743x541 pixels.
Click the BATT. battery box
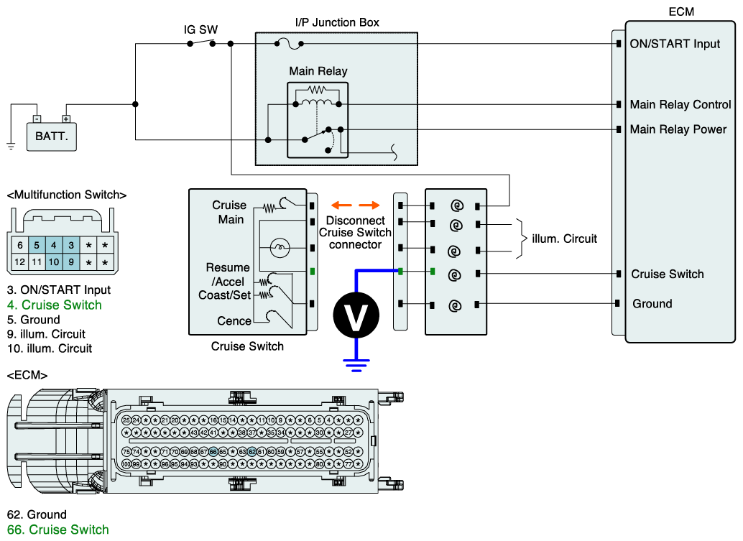(x=52, y=135)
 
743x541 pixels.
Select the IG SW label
(x=200, y=30)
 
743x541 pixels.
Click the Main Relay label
(x=318, y=71)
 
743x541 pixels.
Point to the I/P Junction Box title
(x=337, y=22)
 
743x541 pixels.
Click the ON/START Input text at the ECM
(x=675, y=44)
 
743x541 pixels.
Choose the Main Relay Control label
(x=680, y=104)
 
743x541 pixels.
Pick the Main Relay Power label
(x=678, y=129)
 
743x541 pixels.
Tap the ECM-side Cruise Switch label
(x=668, y=274)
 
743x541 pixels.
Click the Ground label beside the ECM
(x=652, y=304)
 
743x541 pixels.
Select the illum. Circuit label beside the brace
(x=560, y=239)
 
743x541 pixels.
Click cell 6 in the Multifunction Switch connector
(x=20, y=245)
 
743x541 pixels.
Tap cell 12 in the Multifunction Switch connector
(x=20, y=262)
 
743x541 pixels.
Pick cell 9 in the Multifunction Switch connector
(x=70, y=262)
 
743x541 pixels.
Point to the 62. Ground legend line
(x=37, y=514)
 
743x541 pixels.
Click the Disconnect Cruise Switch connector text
(x=355, y=232)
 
